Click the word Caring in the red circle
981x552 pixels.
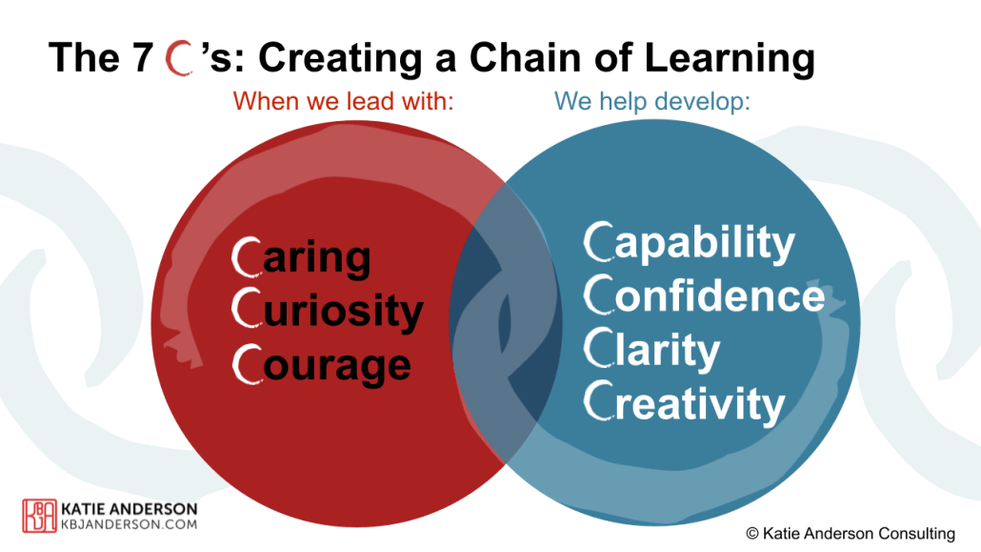pyautogui.click(x=302, y=258)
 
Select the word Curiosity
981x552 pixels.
pyautogui.click(x=328, y=312)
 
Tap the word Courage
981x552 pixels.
pyautogui.click(x=322, y=365)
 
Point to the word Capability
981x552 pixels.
pyautogui.click(x=689, y=243)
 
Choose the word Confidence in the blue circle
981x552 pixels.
pyautogui.click(x=705, y=296)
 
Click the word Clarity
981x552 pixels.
pyautogui.click(x=652, y=350)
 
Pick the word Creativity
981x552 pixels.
pyautogui.click(x=684, y=403)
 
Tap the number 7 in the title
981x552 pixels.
pyautogui.click(x=140, y=58)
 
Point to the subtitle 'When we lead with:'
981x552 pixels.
pyautogui.click(x=342, y=101)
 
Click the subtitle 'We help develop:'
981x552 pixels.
pyautogui.click(x=652, y=101)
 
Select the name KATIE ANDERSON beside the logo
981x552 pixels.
pyautogui.click(x=130, y=508)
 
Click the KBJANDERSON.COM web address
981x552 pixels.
pyautogui.click(x=130, y=524)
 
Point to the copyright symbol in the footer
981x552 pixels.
pyautogui.click(x=753, y=533)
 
